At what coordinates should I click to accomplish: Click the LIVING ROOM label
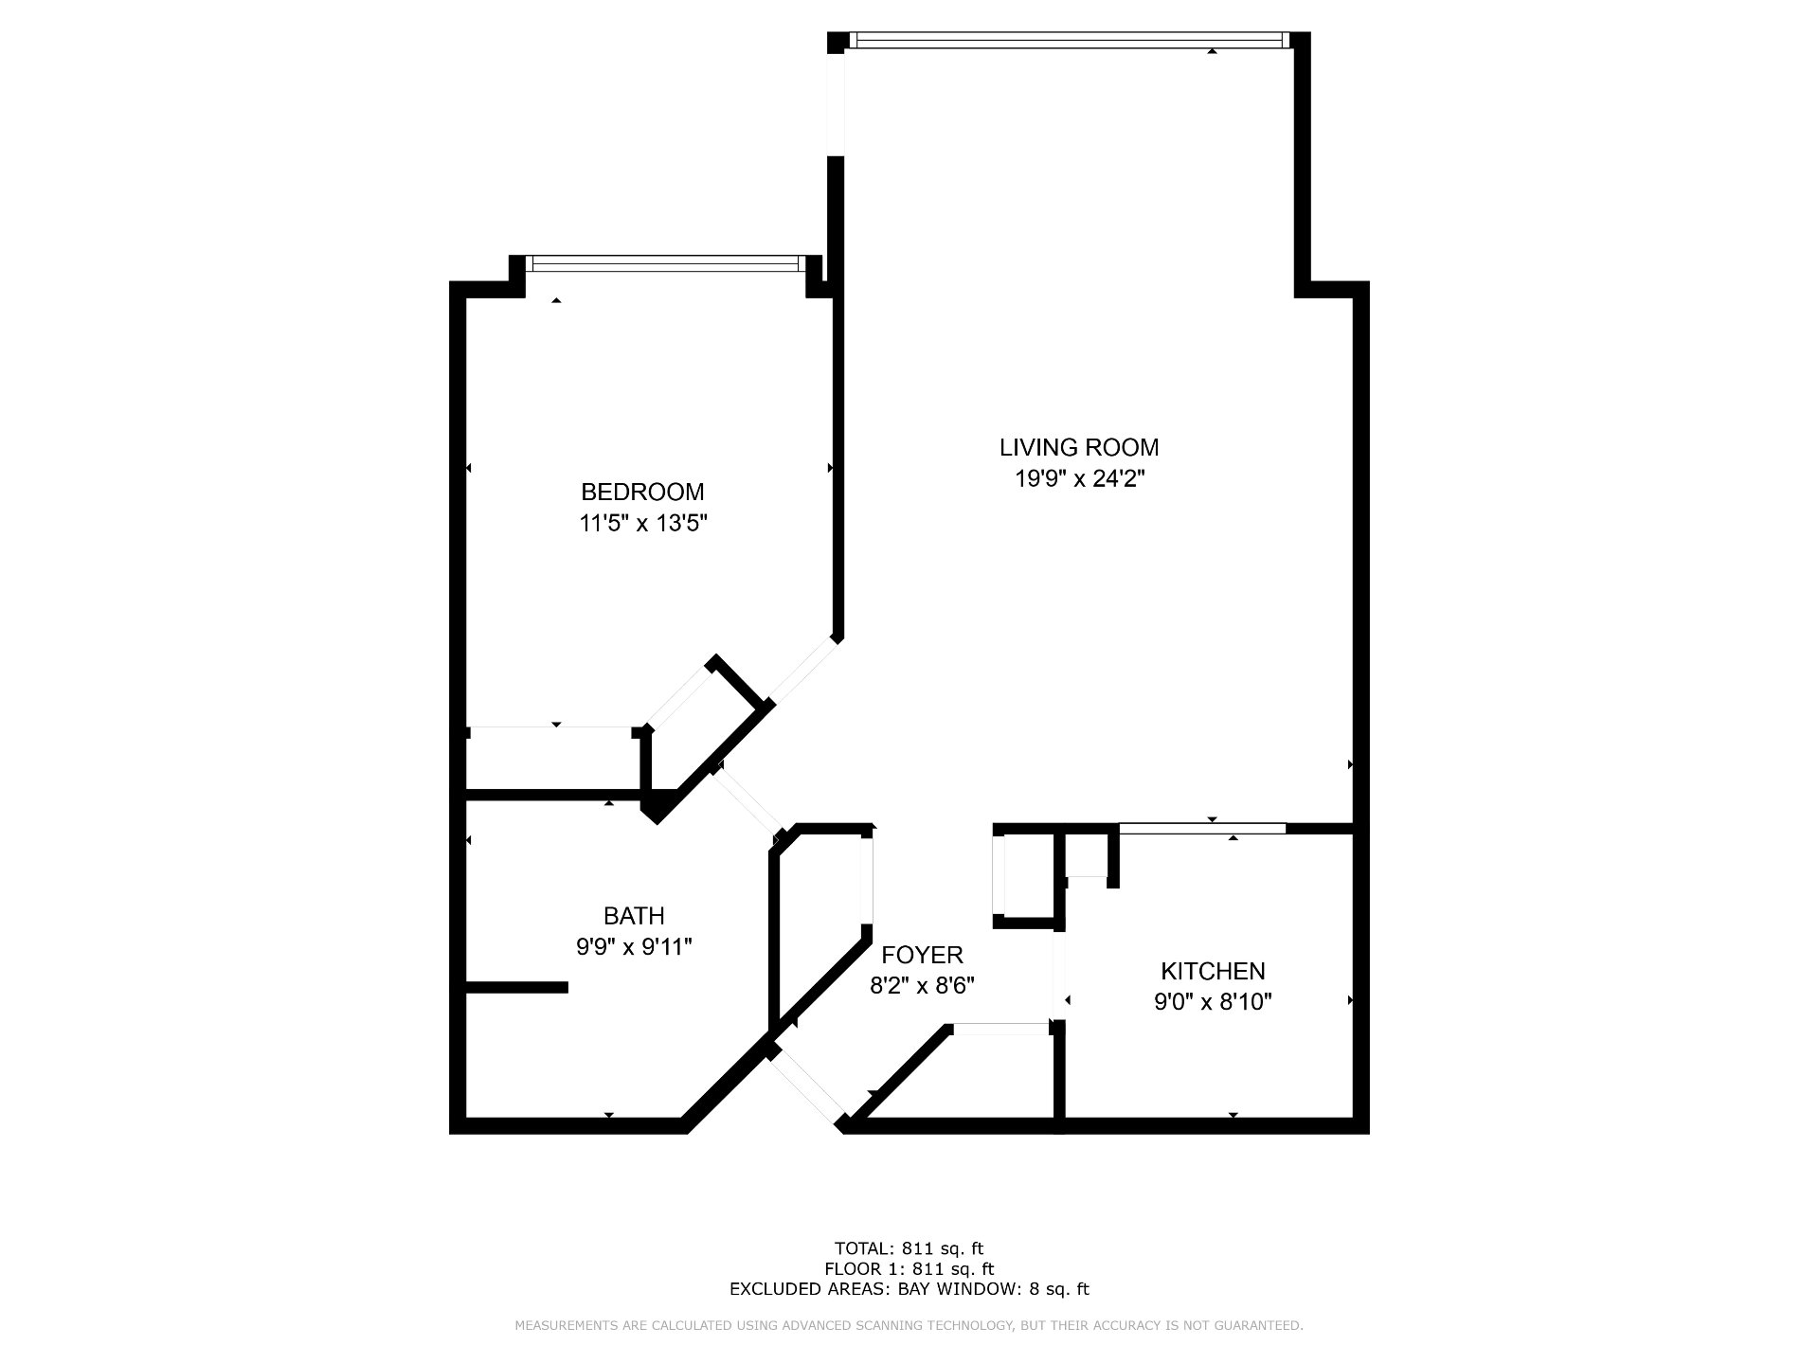coord(1079,447)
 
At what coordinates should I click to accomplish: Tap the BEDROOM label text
coord(642,492)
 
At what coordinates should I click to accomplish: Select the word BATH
coord(634,916)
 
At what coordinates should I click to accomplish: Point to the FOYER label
coord(922,955)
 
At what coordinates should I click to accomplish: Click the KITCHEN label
coord(1213,971)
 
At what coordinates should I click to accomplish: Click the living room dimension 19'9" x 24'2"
coord(1080,478)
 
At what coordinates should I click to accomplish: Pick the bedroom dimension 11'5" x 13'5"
coord(643,523)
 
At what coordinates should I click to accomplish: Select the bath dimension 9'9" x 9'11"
coord(634,946)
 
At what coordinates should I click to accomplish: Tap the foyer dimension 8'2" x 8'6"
coord(922,985)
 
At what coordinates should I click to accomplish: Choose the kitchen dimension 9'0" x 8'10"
coord(1213,1001)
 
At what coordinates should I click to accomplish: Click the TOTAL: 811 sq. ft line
coord(909,1248)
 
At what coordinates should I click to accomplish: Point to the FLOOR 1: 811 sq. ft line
coord(909,1268)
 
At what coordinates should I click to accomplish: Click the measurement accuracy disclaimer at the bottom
coord(909,1325)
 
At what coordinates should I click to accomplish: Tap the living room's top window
coord(1070,40)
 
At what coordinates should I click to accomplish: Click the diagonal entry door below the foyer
coord(806,1084)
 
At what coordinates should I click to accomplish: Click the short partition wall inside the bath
coord(517,987)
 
